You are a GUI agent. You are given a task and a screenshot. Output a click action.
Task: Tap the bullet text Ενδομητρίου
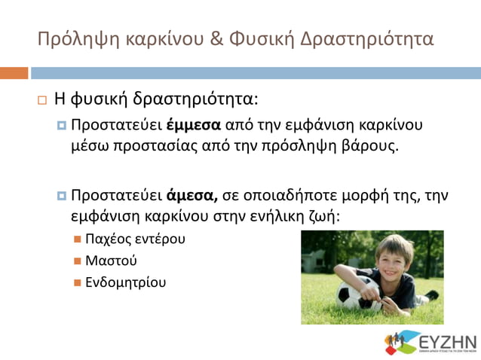coord(126,283)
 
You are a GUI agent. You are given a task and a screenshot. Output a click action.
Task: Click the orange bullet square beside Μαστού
coord(78,261)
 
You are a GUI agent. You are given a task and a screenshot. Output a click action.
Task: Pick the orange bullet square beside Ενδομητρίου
coord(78,283)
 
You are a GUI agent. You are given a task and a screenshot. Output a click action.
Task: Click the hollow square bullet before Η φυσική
coord(41,99)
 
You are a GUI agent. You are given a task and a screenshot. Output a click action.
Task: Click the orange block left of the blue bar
coord(14,73)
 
